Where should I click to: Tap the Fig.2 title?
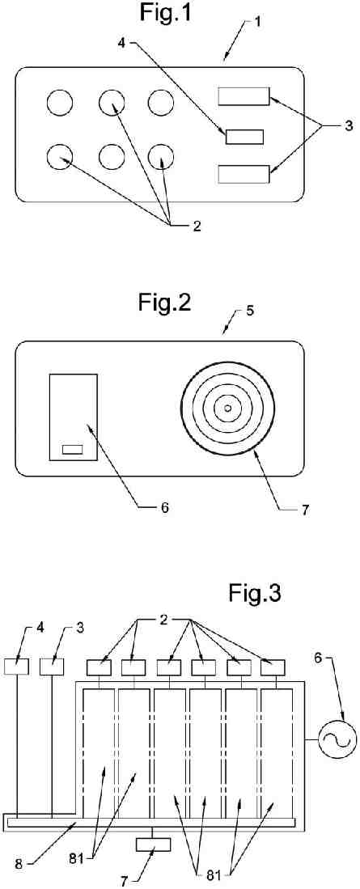[164, 303]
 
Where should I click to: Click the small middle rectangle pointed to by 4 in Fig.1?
[244, 137]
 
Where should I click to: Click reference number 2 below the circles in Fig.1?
[196, 225]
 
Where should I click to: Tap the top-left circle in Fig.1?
[60, 104]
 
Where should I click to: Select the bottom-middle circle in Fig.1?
[112, 157]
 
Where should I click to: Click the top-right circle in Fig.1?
[162, 104]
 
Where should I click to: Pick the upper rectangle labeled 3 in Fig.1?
[244, 96]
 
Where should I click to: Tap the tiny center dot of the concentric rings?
[228, 408]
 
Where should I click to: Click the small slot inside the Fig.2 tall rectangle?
[72, 450]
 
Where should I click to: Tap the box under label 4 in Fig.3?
[16, 667]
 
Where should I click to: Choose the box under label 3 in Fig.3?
[52, 667]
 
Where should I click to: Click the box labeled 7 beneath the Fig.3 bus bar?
[155, 845]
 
